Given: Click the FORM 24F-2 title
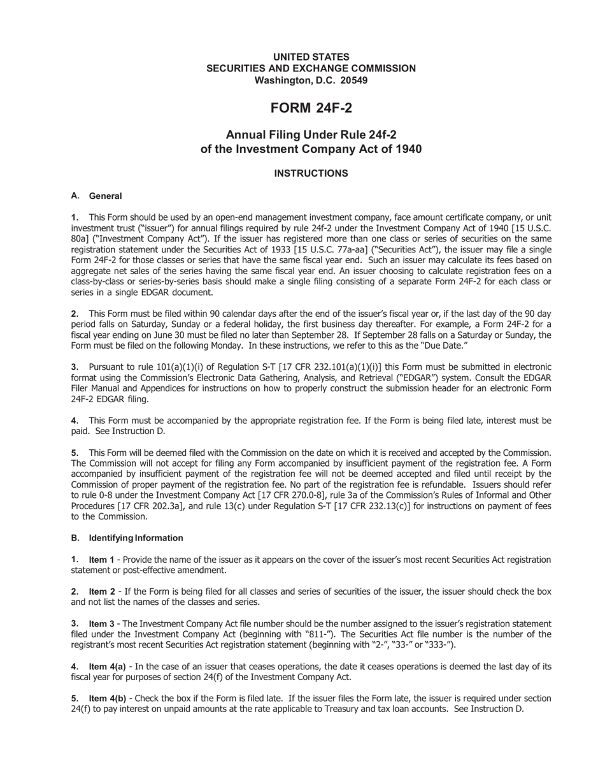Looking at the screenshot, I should [x=311, y=108].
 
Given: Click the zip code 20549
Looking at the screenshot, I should [x=353, y=80].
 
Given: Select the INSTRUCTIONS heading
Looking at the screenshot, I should [x=311, y=173].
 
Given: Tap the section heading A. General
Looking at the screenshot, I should [x=97, y=196].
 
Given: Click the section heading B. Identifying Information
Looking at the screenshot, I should [x=127, y=538].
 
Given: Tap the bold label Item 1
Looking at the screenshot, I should [x=102, y=560].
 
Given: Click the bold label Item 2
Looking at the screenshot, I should [x=102, y=592].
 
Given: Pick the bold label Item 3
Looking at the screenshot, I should [x=102, y=623].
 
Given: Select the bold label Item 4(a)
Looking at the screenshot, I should [x=107, y=666].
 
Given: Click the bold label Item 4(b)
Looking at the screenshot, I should [x=107, y=698].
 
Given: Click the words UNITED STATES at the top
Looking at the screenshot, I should [x=311, y=57].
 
